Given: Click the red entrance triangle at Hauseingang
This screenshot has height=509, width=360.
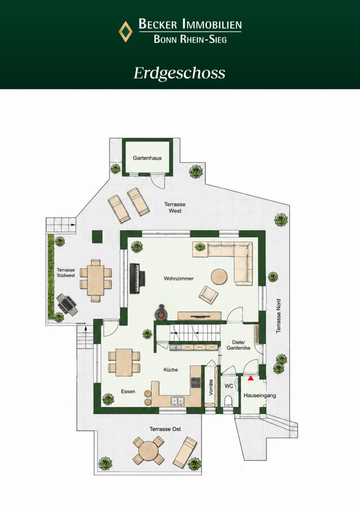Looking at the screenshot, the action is pyautogui.click(x=250, y=378).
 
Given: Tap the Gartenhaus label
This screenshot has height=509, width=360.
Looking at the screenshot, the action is pyautogui.click(x=147, y=158).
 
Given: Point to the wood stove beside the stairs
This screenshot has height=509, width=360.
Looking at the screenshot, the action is pyautogui.click(x=161, y=313).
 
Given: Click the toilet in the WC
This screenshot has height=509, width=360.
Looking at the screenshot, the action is pyautogui.click(x=229, y=401).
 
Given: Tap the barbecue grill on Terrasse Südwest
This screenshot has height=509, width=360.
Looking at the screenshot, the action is pyautogui.click(x=67, y=304).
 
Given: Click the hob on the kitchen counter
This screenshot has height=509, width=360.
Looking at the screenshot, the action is pyautogui.click(x=196, y=382).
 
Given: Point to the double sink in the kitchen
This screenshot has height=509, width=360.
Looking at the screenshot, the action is pyautogui.click(x=178, y=401).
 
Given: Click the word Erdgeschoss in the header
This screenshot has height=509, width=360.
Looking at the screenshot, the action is pyautogui.click(x=180, y=73).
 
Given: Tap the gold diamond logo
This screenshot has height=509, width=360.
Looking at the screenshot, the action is pyautogui.click(x=125, y=31).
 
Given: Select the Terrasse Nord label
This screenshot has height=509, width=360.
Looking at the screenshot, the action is pyautogui.click(x=278, y=316).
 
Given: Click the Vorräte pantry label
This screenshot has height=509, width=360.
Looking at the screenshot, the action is pyautogui.click(x=210, y=387).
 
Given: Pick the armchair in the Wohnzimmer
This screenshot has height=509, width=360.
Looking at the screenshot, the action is pyautogui.click(x=209, y=294).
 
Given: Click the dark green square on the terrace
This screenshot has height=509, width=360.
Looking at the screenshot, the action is pyautogui.click(x=97, y=237).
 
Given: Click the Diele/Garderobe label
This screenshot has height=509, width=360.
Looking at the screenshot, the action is pyautogui.click(x=238, y=345).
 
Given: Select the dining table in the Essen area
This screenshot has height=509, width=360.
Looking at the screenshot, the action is pyautogui.click(x=124, y=362).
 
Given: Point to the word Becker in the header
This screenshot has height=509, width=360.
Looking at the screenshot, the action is pyautogui.click(x=158, y=24).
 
